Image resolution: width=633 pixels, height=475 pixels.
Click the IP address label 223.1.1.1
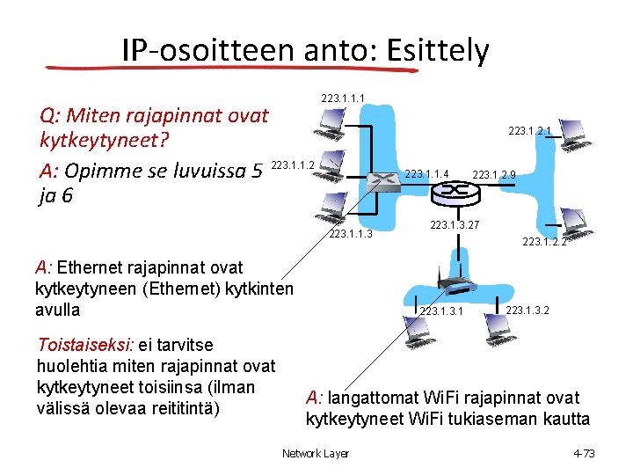tap(343, 97)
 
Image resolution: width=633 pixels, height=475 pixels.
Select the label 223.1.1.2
tap(294, 164)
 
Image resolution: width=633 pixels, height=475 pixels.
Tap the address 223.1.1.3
tap(351, 234)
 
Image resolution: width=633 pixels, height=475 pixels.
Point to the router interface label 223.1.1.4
tap(427, 175)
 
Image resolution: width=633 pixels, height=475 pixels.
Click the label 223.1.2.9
tap(494, 175)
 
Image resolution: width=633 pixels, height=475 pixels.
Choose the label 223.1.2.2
tap(544, 242)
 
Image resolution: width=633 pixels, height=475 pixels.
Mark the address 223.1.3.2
tap(528, 310)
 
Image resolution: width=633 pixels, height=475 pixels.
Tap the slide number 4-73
tap(584, 453)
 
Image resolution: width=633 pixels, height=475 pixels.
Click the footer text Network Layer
tap(315, 453)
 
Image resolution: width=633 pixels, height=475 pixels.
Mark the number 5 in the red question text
tap(257, 169)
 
